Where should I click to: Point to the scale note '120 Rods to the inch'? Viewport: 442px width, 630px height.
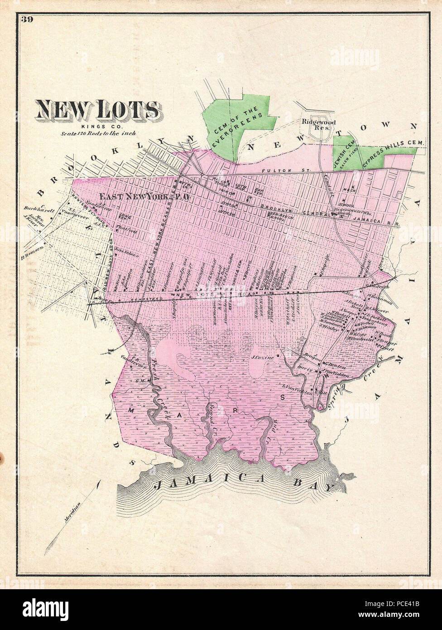click(99, 134)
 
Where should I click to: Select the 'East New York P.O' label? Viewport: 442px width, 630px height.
click(141, 197)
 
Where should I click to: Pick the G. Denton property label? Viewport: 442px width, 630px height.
click(335, 367)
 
